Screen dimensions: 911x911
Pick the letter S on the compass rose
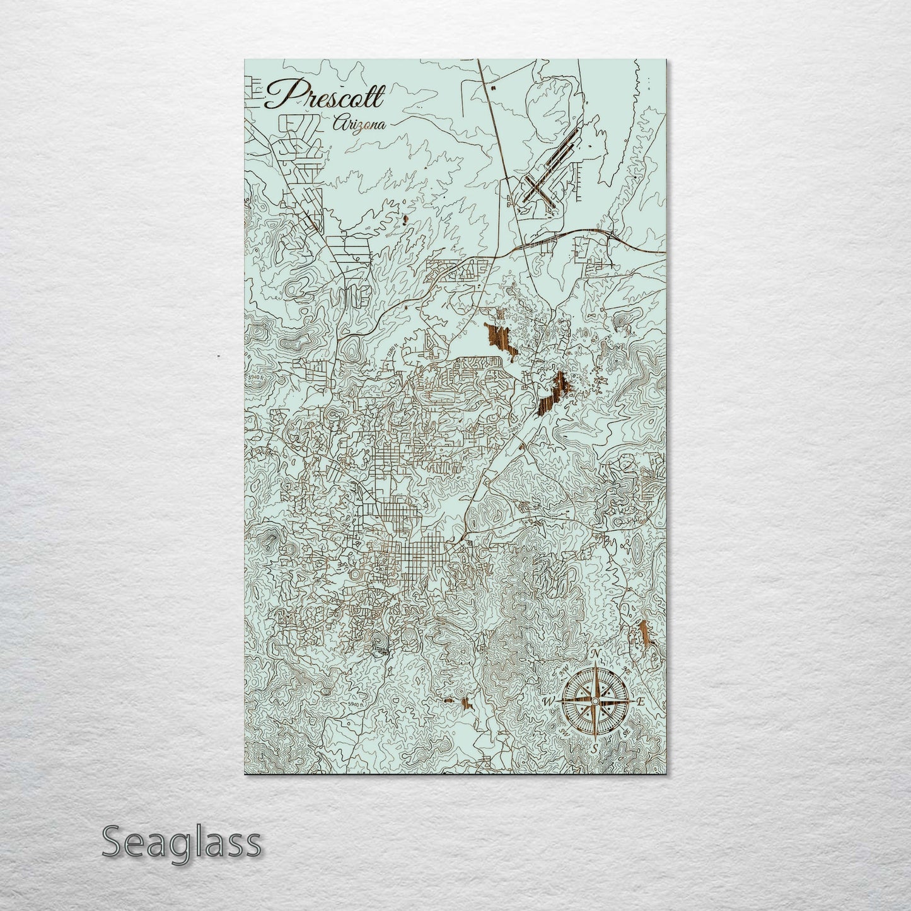click(594, 748)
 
